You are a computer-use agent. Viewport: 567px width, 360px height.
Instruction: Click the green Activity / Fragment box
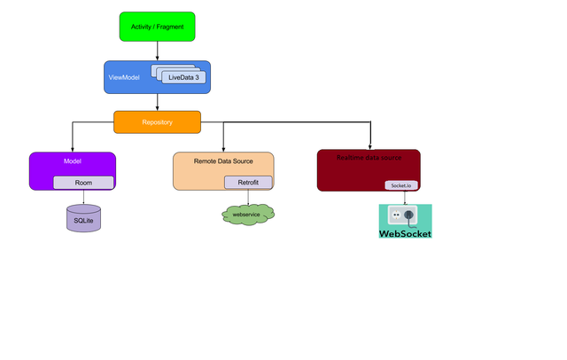point(157,27)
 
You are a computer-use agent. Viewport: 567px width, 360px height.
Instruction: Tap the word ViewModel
point(124,78)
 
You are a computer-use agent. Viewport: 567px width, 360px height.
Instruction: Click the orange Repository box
point(157,121)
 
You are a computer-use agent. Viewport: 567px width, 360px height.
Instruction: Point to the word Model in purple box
point(73,162)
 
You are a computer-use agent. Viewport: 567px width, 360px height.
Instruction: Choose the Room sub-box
point(83,183)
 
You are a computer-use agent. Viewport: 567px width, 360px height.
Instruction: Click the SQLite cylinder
point(84,218)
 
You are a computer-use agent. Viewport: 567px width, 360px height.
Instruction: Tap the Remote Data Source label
point(222,162)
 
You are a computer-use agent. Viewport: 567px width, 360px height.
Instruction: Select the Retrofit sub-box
point(248,183)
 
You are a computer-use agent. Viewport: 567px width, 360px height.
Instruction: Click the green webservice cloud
point(247,215)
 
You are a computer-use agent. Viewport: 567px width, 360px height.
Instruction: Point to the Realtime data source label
point(368,158)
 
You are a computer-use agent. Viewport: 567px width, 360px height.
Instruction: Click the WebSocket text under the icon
point(405,234)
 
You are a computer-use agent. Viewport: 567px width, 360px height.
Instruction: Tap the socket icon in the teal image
point(408,215)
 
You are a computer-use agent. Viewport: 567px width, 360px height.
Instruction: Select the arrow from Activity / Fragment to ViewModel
point(157,51)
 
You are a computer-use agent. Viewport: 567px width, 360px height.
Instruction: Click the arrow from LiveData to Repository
point(158,99)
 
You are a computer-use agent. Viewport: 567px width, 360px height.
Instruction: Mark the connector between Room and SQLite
point(84,197)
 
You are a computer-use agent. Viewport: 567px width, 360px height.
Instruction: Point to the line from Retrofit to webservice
point(248,197)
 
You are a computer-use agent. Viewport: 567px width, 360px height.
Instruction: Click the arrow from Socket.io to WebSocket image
point(405,197)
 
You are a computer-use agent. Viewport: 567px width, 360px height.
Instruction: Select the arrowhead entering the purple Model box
point(73,149)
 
